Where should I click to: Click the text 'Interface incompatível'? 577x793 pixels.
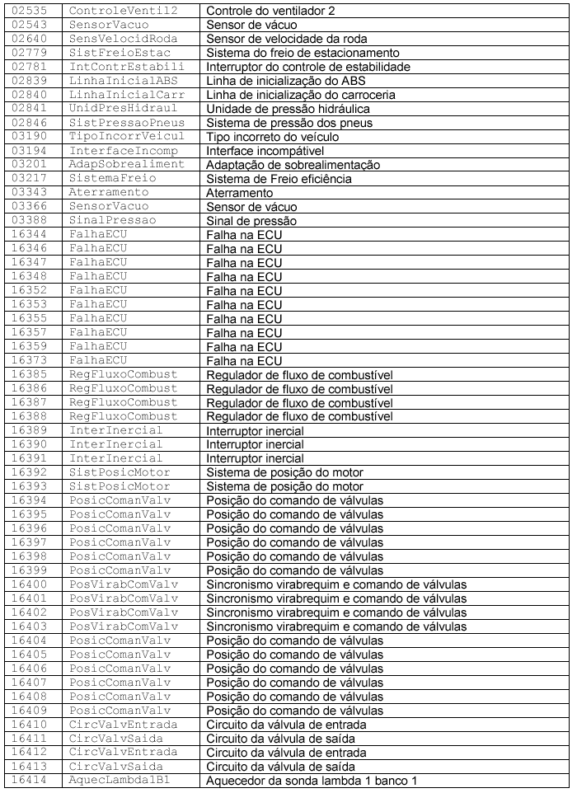pos(264,150)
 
